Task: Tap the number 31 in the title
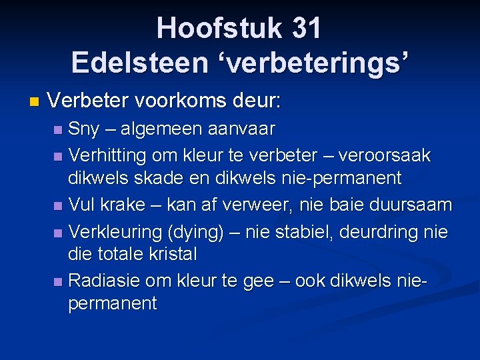pyautogui.click(x=307, y=29)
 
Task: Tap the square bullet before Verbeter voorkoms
pyautogui.click(x=35, y=103)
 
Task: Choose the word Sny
pyautogui.click(x=85, y=128)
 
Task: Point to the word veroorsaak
pyautogui.click(x=385, y=156)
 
